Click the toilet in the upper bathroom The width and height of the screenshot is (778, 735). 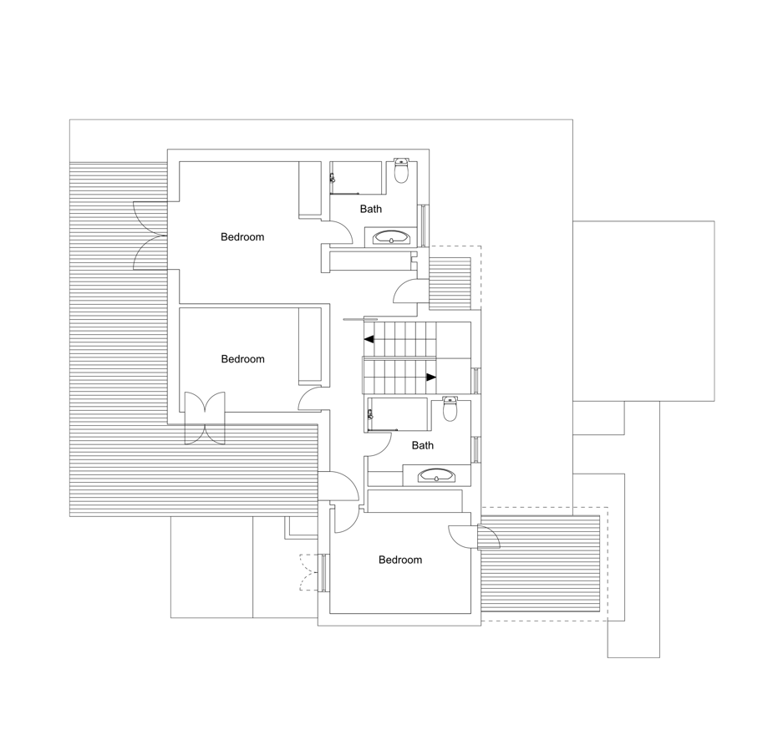point(401,170)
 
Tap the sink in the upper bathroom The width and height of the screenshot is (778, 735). point(391,237)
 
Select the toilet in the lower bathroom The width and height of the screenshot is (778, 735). point(450,408)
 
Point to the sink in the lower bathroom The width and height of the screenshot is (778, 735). point(436,475)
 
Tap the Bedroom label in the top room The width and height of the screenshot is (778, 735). point(242,237)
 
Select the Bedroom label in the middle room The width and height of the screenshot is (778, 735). point(242,359)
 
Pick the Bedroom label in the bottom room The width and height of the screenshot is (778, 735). point(400,560)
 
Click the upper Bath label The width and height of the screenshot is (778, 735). point(371,209)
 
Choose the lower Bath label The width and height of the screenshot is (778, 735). point(422,445)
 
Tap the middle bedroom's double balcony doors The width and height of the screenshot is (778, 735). point(205,418)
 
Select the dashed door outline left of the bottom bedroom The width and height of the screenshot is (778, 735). point(308,572)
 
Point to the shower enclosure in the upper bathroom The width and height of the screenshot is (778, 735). point(356,178)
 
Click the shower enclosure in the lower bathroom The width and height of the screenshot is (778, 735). point(397,414)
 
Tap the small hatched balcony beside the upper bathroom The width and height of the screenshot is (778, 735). point(450,284)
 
